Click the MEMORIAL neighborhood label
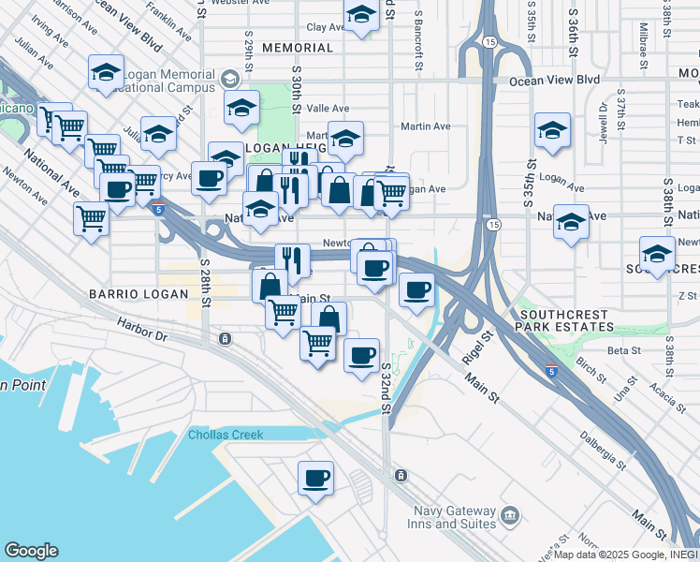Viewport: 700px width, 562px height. (x=298, y=48)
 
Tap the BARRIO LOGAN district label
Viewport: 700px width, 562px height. (x=127, y=293)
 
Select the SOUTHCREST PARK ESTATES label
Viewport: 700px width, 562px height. (x=567, y=321)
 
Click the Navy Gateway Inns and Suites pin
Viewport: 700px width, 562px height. (x=510, y=515)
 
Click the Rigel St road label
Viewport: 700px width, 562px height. (x=476, y=348)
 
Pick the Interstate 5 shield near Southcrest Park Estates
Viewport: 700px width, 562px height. (x=552, y=372)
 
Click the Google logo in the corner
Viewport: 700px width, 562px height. (x=31, y=551)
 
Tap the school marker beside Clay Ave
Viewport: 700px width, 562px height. (x=360, y=14)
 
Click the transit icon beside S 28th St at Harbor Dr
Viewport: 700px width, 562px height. (x=225, y=338)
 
